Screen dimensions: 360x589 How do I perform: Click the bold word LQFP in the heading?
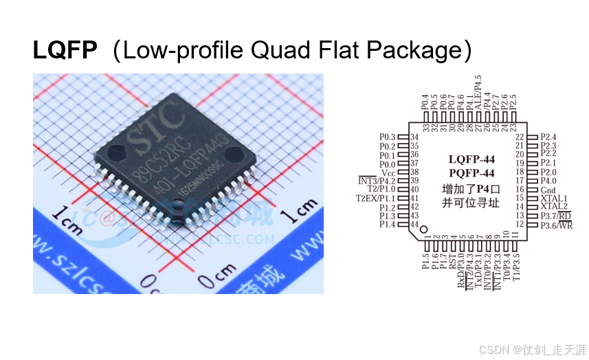pos(65,50)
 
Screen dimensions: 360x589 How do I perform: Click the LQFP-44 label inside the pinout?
pos(471,159)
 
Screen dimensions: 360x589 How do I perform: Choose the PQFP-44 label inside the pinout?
pos(471,172)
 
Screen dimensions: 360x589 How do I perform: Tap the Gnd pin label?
pos(548,189)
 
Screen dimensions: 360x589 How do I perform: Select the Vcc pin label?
pos(388,172)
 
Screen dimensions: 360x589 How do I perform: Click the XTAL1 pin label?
pos(554,198)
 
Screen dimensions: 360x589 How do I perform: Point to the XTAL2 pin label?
pos(554,206)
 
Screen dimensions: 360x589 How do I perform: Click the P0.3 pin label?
pos(388,137)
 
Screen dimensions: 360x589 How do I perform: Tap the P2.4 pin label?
pos(549,137)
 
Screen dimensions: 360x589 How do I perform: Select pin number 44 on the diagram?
pos(414,225)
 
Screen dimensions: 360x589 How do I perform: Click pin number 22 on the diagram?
pos(520,137)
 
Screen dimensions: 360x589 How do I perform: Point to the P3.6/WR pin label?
pos(557,225)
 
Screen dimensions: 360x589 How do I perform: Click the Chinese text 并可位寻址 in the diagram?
pos(471,203)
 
